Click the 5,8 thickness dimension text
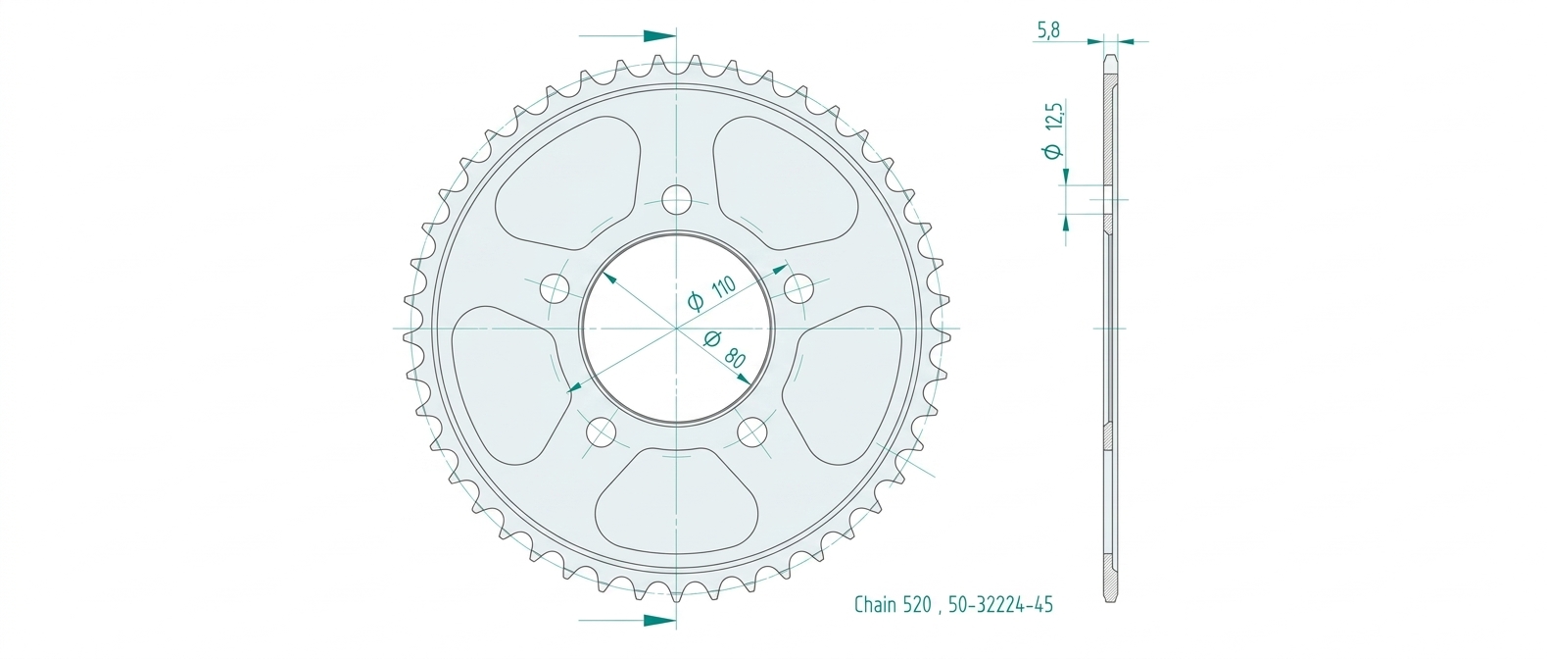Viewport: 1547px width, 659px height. pyautogui.click(x=1047, y=30)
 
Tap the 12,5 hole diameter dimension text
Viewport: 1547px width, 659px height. pyautogui.click(x=1054, y=129)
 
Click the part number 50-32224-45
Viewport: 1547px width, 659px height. pyautogui.click(x=1000, y=605)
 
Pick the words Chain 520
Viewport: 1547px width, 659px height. pyautogui.click(x=894, y=605)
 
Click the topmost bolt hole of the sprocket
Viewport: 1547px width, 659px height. pyautogui.click(x=677, y=200)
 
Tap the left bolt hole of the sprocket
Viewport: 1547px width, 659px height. pyautogui.click(x=555, y=288)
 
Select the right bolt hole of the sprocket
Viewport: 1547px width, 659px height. pyautogui.click(x=799, y=288)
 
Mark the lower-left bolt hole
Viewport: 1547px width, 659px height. pyautogui.click(x=601, y=432)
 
